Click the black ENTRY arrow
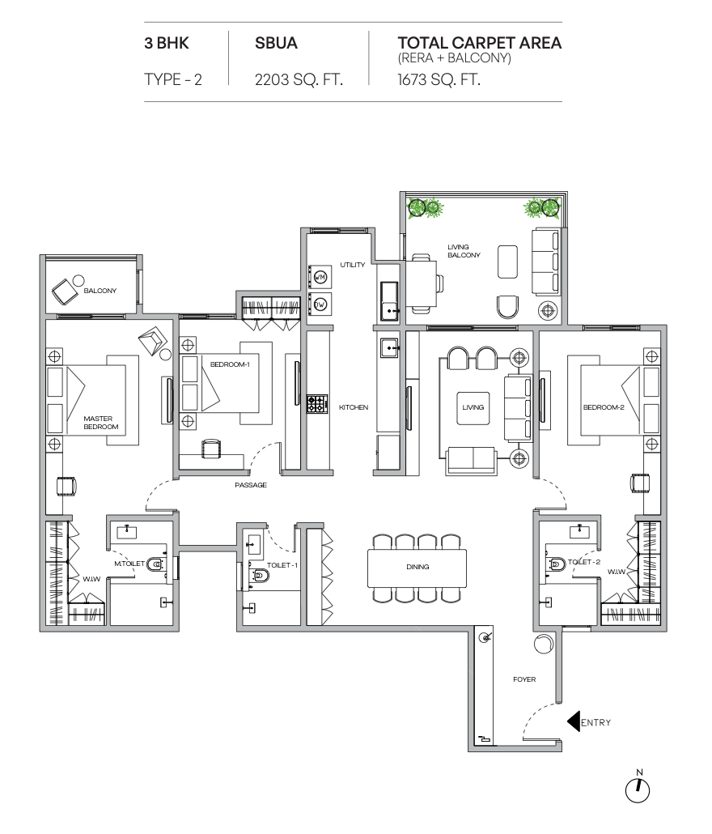[574, 722]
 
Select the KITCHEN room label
[354, 407]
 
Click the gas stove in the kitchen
[316, 404]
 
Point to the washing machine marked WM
[320, 277]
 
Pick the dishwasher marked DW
[320, 304]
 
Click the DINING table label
[417, 567]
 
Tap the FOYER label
[524, 679]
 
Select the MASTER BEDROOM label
[101, 423]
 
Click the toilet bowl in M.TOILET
[155, 564]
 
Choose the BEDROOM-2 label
[604, 407]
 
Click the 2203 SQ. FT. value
[299, 80]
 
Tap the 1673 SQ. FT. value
[439, 80]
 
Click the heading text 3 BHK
[167, 43]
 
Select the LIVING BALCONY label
[464, 251]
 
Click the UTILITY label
[353, 265]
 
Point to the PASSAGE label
[251, 485]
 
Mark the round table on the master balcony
[78, 280]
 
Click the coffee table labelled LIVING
[473, 407]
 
